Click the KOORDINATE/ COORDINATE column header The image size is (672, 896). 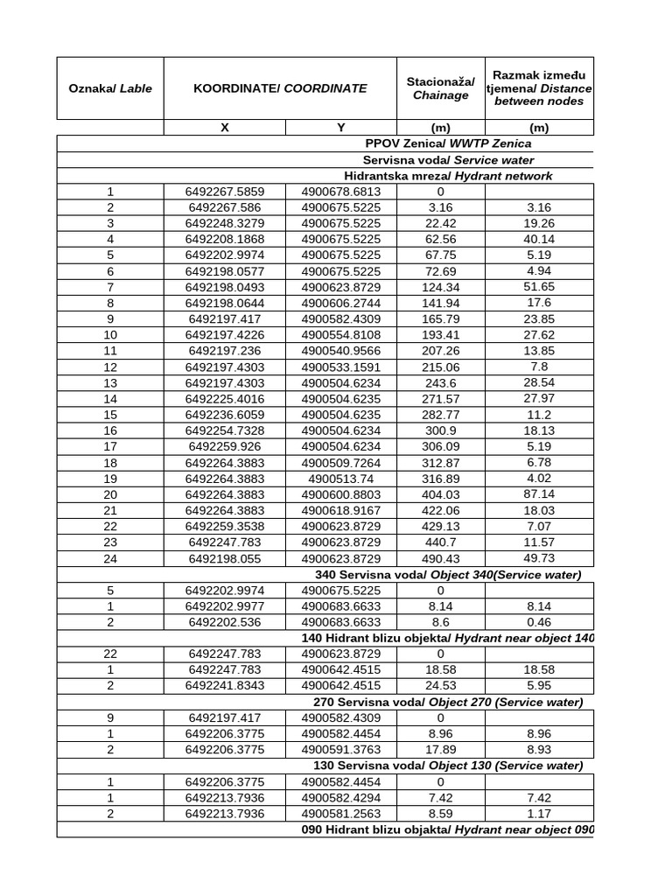tap(280, 88)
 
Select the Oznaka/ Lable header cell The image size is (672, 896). tap(110, 88)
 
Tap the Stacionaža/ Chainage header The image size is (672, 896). tap(440, 88)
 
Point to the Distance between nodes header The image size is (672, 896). tap(539, 88)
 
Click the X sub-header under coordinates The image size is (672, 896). tap(225, 128)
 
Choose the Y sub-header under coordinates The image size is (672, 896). tap(341, 128)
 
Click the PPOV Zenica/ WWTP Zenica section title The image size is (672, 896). tap(448, 143)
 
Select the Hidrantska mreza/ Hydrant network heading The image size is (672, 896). tap(448, 176)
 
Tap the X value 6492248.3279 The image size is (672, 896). tap(225, 223)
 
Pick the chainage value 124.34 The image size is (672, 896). tap(440, 287)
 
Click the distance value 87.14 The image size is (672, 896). tap(539, 495)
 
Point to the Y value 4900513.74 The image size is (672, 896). tap(341, 479)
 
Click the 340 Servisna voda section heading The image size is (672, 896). tap(448, 575)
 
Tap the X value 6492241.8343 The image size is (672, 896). tap(225, 686)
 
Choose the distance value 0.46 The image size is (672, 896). tap(539, 622)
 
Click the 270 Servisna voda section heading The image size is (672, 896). tap(448, 703)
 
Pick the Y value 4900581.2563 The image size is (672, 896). tap(341, 814)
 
